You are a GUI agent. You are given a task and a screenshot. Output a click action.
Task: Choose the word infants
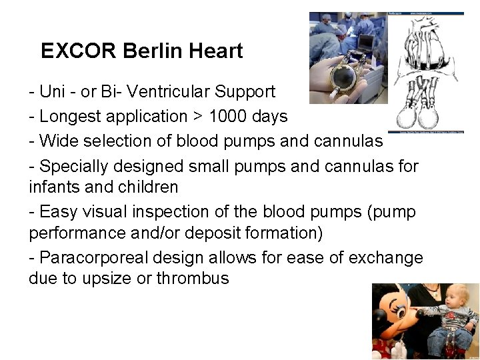click(55, 187)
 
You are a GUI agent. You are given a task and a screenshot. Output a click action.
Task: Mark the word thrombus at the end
click(192, 279)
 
